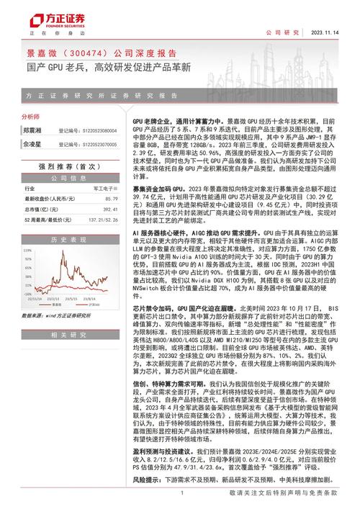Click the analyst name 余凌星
32,143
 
